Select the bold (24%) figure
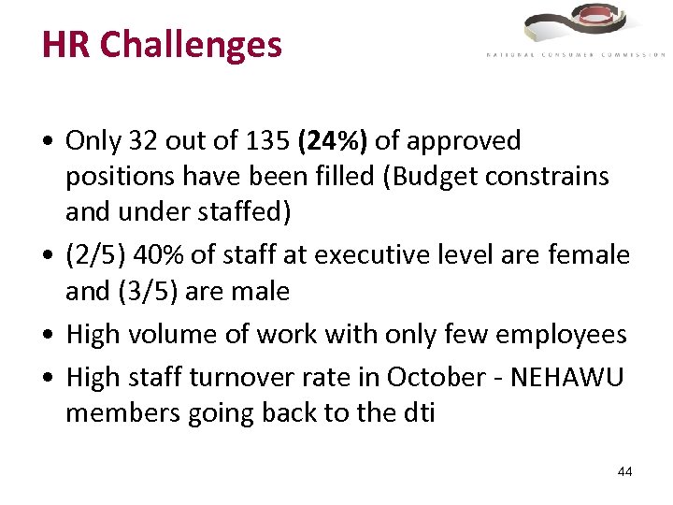[x=333, y=141]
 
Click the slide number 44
[x=624, y=471]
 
